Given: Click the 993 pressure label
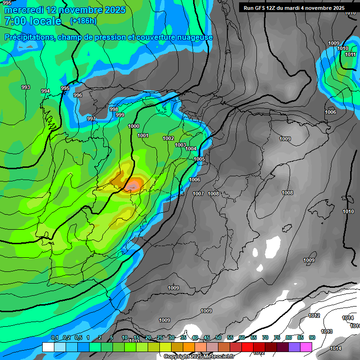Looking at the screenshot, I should point(26,87).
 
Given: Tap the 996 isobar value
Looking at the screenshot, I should point(78,95).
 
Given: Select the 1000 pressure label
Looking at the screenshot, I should point(134,126).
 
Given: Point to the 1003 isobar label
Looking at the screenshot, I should point(180,145).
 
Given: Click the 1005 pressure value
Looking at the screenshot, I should point(199,159).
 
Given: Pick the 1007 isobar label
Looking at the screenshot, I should point(198,194).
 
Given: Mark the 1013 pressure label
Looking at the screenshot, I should point(327,331).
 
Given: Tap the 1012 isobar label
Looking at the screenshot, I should point(315,315).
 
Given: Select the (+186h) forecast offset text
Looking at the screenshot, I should point(83,21).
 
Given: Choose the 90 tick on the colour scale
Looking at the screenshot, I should point(312,337).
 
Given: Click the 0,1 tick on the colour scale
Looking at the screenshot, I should point(54,337).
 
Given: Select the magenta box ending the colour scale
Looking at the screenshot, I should point(306,347).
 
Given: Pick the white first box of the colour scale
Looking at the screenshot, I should point(48,347).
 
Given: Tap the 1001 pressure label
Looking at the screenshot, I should point(143,136).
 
